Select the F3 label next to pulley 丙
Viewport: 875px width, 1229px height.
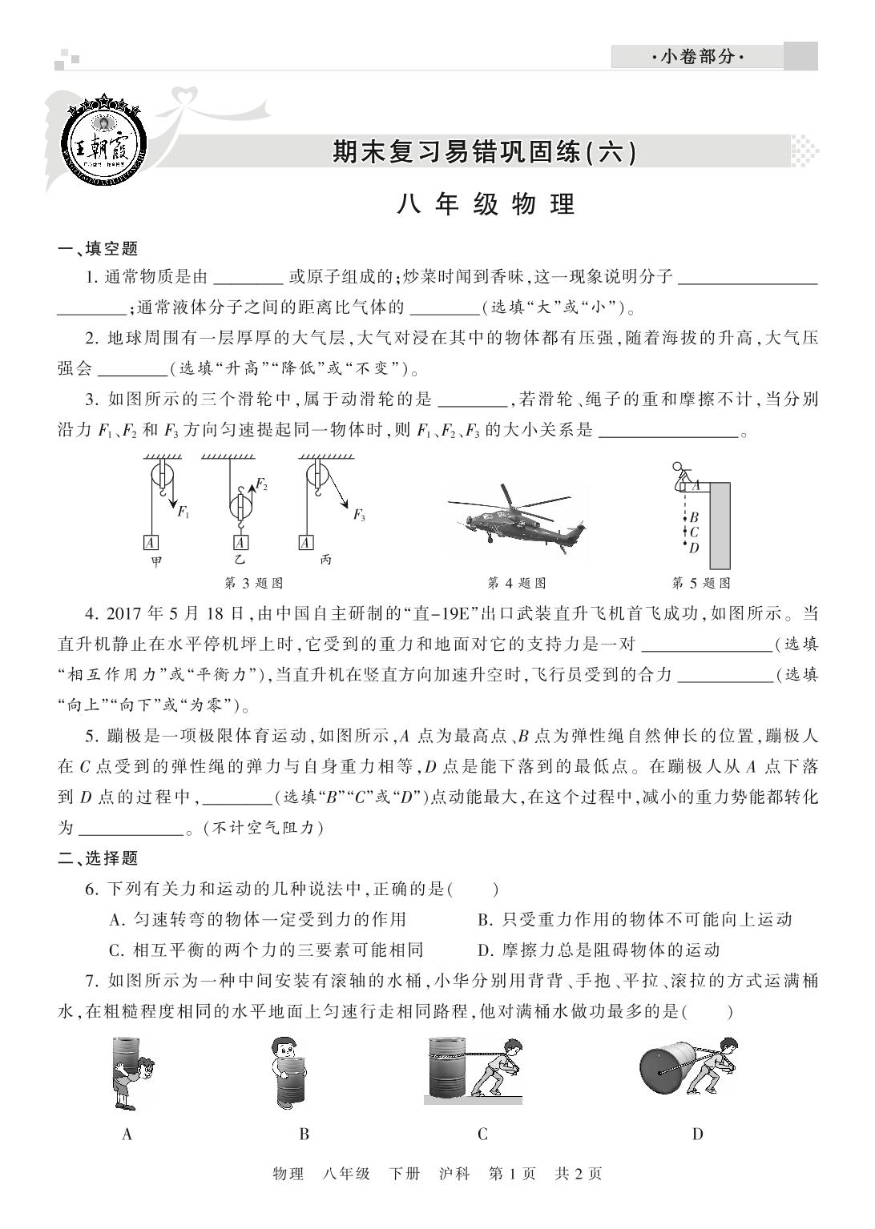pyautogui.click(x=359, y=516)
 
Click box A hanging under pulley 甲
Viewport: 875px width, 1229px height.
pyautogui.click(x=151, y=542)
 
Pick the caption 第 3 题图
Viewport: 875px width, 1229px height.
pyautogui.click(x=252, y=583)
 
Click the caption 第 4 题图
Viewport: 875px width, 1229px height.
pyautogui.click(x=517, y=583)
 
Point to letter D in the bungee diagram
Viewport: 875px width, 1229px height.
pyautogui.click(x=694, y=548)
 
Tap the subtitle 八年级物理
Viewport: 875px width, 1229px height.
pyautogui.click(x=486, y=204)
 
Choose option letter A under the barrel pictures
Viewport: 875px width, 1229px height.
pyautogui.click(x=127, y=1134)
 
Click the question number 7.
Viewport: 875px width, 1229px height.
pyautogui.click(x=91, y=981)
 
